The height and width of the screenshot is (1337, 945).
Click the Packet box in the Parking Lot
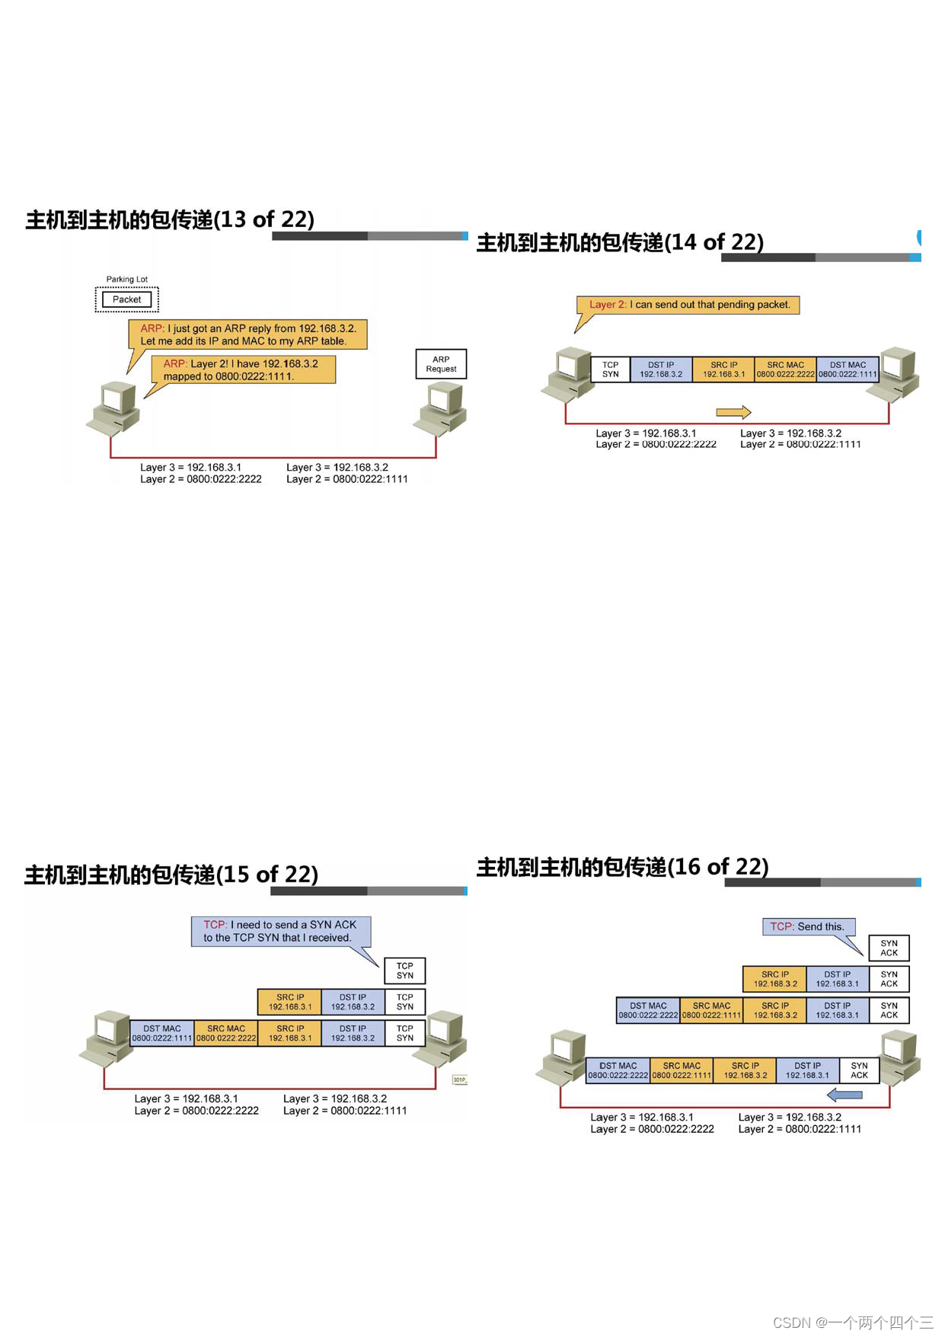click(126, 299)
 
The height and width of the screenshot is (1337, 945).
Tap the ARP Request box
click(441, 364)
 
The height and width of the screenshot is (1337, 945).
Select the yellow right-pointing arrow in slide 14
click(733, 412)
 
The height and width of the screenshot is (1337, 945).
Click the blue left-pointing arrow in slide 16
click(844, 1095)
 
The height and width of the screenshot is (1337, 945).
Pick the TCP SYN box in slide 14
click(610, 369)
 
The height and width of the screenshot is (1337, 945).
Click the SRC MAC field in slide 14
click(785, 369)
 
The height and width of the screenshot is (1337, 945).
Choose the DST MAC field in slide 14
click(848, 369)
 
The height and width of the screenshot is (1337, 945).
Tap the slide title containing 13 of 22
click(170, 219)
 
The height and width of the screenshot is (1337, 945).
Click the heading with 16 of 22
click(622, 866)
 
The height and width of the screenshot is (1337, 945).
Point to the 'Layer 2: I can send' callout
click(688, 305)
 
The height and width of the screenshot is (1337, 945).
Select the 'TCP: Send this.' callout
click(808, 926)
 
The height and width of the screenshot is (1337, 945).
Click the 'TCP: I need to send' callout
click(280, 931)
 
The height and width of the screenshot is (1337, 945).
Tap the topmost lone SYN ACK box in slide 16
click(889, 948)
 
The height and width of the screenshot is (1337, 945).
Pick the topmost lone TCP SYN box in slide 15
click(404, 971)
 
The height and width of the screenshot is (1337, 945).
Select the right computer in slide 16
click(900, 1057)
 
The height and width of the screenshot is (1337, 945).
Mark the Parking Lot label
click(126, 280)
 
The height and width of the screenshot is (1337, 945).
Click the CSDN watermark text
click(853, 1323)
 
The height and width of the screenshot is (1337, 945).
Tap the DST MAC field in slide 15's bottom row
click(162, 1033)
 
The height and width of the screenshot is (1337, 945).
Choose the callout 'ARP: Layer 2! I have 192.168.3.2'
click(243, 369)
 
